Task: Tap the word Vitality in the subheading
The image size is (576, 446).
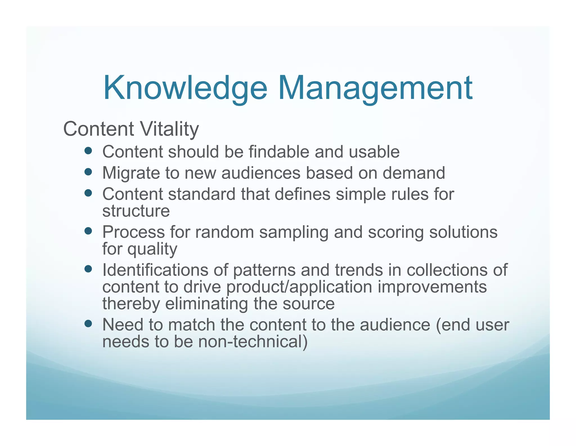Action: [x=169, y=129]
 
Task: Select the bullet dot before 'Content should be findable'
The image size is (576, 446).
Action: [x=88, y=151]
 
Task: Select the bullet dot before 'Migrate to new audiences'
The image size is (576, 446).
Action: [x=88, y=172]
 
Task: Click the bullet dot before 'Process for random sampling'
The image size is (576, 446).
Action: [x=88, y=231]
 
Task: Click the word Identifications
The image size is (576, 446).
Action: [x=155, y=270]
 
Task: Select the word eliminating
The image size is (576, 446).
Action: [x=206, y=304]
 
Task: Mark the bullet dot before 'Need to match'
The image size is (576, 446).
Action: [x=88, y=324]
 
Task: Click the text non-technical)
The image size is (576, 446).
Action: [x=253, y=342]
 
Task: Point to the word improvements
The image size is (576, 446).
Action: [x=432, y=287]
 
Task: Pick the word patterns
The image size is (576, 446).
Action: [x=264, y=270]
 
